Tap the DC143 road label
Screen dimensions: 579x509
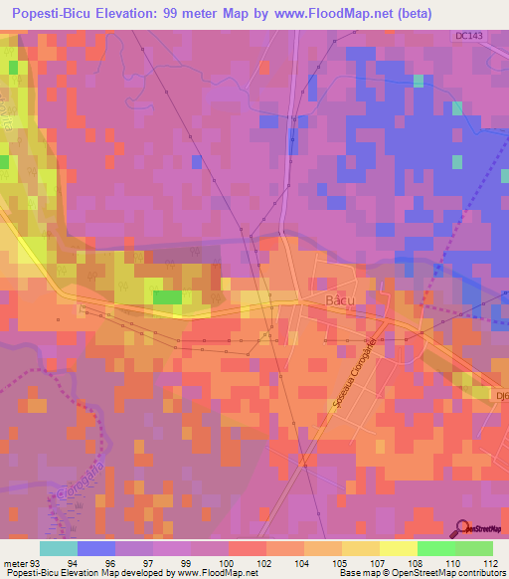pos(469,36)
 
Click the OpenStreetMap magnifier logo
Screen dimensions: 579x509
pos(460,528)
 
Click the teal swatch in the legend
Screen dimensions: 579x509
pos(58,548)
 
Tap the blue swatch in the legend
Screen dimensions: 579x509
pos(95,548)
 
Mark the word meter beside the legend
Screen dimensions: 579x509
pos(15,562)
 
